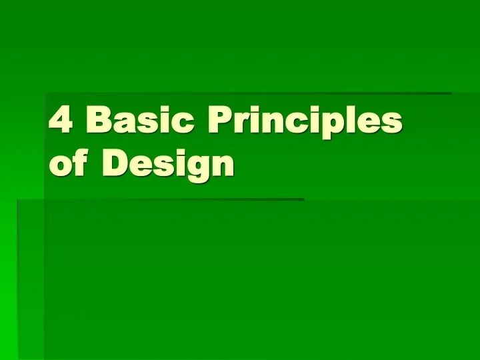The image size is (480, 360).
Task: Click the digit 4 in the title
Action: click(x=61, y=121)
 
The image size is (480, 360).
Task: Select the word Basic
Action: click(x=139, y=121)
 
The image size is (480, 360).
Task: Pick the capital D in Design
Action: click(x=115, y=163)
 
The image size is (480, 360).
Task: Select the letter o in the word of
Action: click(x=61, y=165)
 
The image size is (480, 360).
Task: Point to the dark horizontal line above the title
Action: click(x=247, y=93)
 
